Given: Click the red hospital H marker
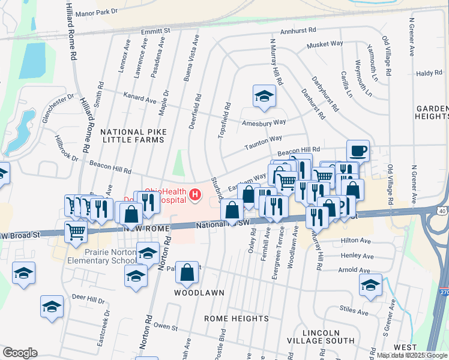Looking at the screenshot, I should click(194, 195).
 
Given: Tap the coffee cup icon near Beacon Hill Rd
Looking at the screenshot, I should click(358, 150).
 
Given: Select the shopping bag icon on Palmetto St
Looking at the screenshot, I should click(188, 272).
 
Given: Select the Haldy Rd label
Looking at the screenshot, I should click(429, 73).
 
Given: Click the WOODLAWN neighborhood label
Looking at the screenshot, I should click(199, 293).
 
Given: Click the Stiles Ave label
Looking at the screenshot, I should click(352, 310).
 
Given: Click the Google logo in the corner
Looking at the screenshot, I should click(20, 353).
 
